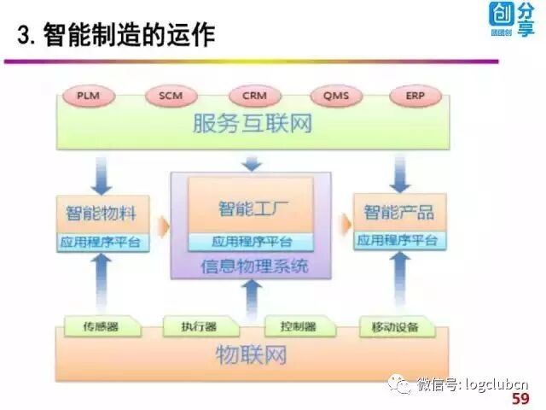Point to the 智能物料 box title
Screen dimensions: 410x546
click(x=102, y=211)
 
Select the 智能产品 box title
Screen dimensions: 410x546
click(x=398, y=211)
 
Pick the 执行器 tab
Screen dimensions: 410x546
click(x=199, y=326)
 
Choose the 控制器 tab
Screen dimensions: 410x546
click(x=298, y=326)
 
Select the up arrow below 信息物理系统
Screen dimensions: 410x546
click(x=251, y=299)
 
